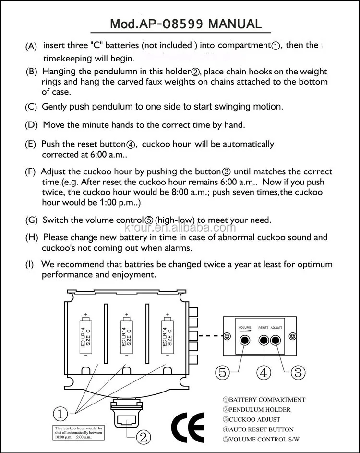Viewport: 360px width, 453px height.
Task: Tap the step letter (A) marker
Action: [31, 47]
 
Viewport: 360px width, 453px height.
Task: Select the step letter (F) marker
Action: [31, 172]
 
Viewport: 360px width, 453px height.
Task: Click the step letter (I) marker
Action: [30, 265]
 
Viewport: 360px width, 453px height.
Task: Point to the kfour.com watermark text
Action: [206, 228]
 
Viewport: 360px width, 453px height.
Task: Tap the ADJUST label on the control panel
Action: [276, 327]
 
